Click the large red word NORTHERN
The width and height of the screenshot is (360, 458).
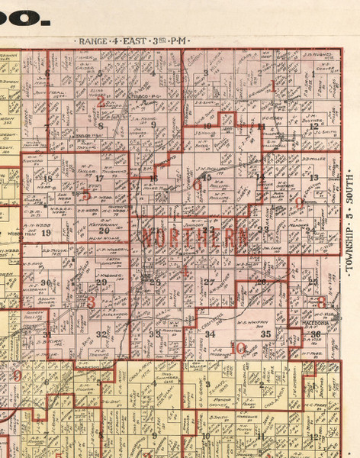[194, 237]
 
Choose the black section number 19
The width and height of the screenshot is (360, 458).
[47, 232]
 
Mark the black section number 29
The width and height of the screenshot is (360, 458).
[101, 282]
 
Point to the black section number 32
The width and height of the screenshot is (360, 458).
[101, 334]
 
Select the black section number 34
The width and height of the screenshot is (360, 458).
[210, 334]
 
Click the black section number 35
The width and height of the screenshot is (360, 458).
[265, 334]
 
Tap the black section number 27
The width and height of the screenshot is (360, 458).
[209, 282]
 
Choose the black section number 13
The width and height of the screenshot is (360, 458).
[313, 178]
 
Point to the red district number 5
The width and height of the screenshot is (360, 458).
[85, 194]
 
